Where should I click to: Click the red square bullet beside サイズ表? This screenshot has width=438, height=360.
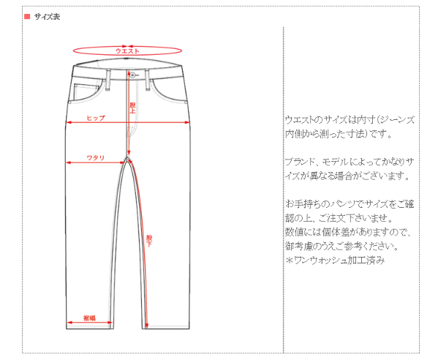(x=27, y=17)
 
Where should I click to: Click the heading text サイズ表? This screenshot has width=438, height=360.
(x=47, y=17)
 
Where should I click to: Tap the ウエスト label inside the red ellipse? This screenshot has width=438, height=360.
(x=127, y=51)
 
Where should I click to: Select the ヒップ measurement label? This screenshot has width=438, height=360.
(x=96, y=118)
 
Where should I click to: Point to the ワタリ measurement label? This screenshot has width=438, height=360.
(x=96, y=158)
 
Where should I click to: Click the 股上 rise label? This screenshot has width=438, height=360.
(x=132, y=108)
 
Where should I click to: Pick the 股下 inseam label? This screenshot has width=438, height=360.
(x=149, y=241)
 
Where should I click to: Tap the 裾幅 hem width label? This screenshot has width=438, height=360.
(x=89, y=318)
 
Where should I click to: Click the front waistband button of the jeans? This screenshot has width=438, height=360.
(x=132, y=75)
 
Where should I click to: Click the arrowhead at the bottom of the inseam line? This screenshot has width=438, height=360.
(x=147, y=326)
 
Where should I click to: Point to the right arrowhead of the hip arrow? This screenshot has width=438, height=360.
(x=187, y=122)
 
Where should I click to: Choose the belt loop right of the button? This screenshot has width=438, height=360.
(x=148, y=80)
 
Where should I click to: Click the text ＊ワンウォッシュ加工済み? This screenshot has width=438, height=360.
(x=335, y=260)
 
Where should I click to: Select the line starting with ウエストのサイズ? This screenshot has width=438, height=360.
(x=350, y=120)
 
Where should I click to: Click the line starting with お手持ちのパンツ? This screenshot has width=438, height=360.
(x=350, y=204)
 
